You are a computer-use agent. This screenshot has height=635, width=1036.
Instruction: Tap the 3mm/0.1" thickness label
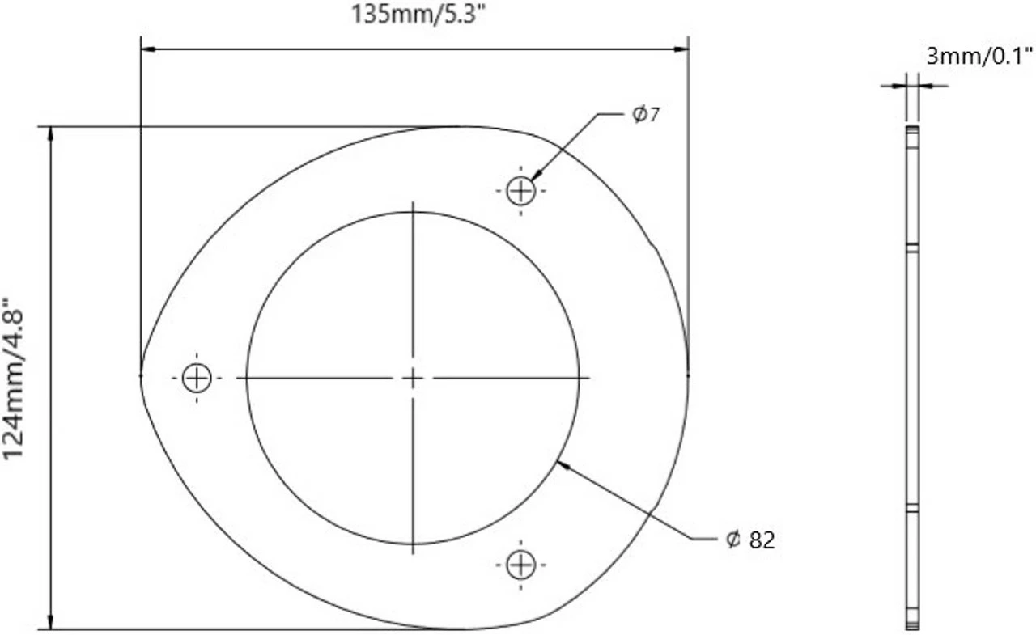(x=979, y=56)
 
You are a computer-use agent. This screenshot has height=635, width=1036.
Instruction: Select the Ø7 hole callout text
(x=647, y=115)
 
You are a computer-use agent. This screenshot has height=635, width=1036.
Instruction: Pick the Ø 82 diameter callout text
(x=750, y=540)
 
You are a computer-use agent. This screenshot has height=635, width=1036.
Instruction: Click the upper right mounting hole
(x=520, y=192)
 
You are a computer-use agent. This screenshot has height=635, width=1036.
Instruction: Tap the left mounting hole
(x=197, y=378)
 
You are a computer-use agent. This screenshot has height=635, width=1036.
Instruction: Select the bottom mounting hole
(x=520, y=565)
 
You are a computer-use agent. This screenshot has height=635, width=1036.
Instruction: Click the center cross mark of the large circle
(x=413, y=378)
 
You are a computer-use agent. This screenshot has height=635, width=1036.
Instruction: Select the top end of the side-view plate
(x=913, y=129)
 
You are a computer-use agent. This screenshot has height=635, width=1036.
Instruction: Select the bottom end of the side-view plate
(x=913, y=626)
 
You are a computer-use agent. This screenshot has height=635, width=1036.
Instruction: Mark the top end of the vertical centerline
(x=413, y=203)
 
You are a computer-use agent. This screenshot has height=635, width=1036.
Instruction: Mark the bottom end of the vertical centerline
(x=413, y=552)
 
